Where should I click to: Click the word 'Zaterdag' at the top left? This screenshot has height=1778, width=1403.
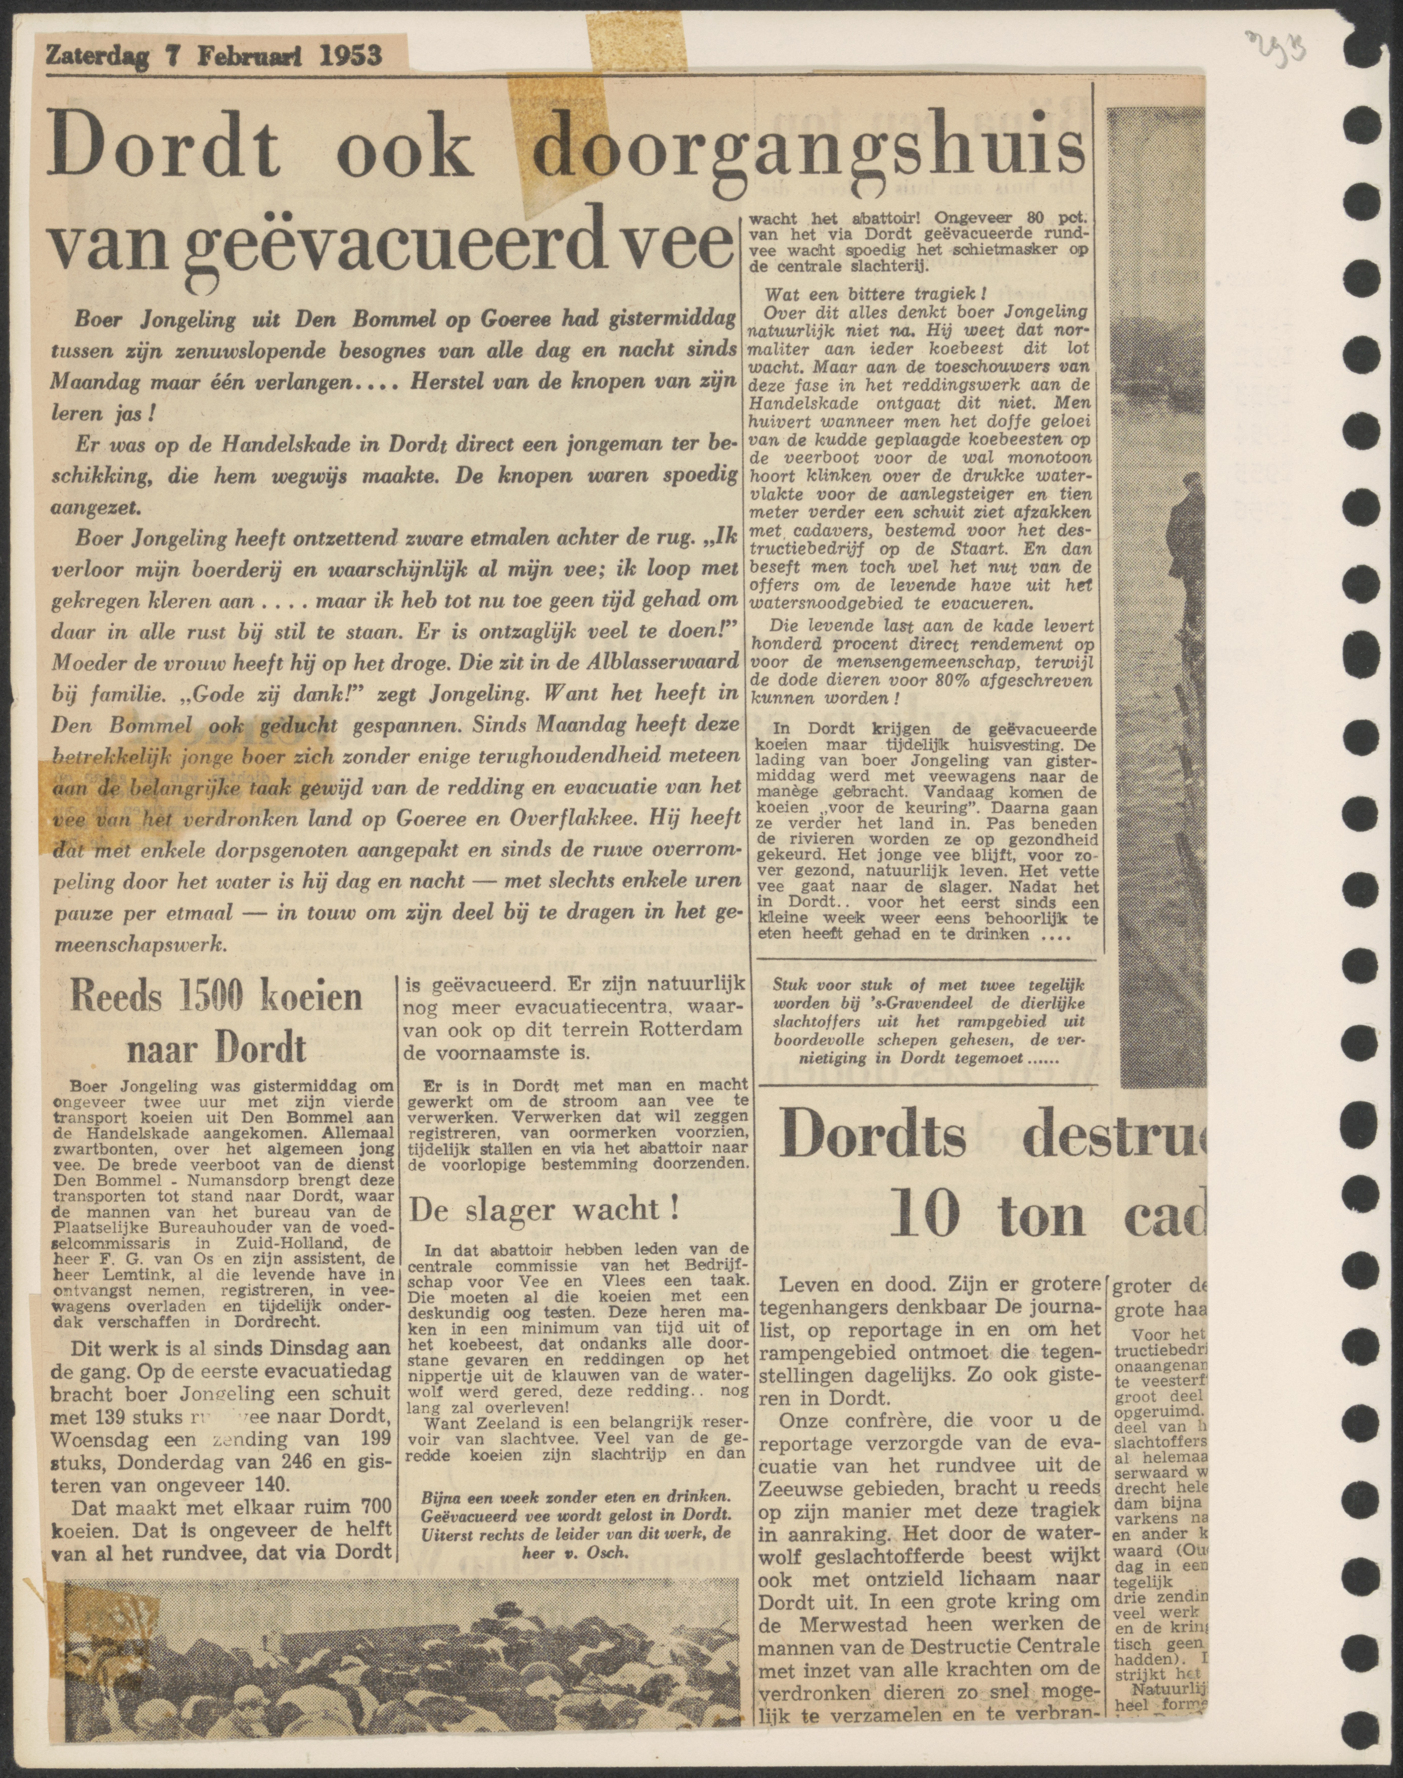pos(96,55)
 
